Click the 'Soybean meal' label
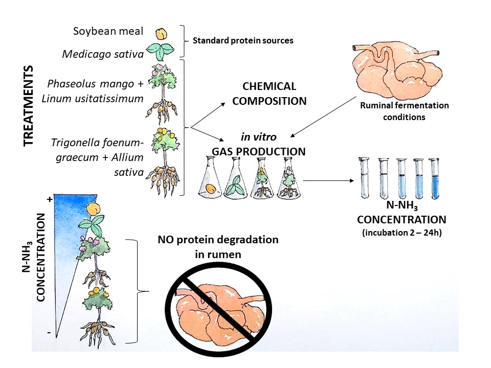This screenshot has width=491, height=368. pos(108,32)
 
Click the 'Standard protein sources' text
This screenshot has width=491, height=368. pos(242,40)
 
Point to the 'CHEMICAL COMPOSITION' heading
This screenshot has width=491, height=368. pos(270,94)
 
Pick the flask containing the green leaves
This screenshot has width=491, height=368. pos(237,177)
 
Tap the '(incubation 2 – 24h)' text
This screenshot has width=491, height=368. pos(401,232)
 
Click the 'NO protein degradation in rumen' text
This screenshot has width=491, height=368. pos(217,246)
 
